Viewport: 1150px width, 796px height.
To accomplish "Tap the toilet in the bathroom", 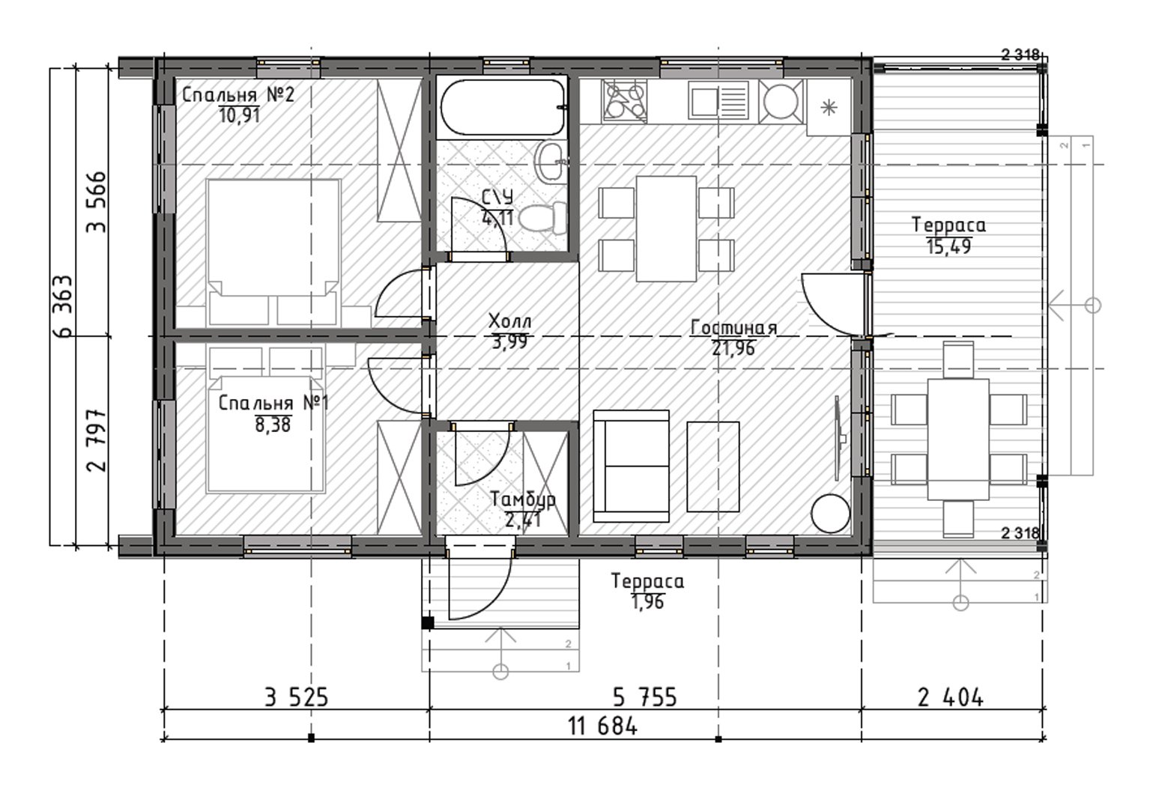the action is click(542, 218).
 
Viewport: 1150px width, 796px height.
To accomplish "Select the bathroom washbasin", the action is click(550, 161).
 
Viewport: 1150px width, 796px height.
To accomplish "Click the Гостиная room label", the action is click(733, 327).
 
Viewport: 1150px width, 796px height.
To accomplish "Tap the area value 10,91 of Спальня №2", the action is click(239, 115).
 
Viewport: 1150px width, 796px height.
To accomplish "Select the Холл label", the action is click(509, 321).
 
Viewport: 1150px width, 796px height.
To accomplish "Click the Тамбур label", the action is click(523, 498).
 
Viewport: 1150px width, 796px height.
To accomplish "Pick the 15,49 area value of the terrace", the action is click(948, 246).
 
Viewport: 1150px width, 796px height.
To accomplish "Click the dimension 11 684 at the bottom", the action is click(603, 726).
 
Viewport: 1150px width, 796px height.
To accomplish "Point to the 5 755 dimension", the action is click(645, 698).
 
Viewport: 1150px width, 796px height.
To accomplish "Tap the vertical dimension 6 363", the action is click(64, 306).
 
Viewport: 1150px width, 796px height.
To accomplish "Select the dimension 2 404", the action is click(950, 698).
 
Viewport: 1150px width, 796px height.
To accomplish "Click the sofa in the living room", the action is click(631, 466).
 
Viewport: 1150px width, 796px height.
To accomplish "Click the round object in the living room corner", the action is click(830, 513).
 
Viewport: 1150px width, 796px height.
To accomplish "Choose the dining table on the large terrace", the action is click(958, 440).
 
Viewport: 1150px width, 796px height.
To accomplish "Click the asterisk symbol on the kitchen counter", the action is click(829, 108).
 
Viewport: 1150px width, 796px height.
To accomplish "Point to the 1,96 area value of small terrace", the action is click(648, 601).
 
